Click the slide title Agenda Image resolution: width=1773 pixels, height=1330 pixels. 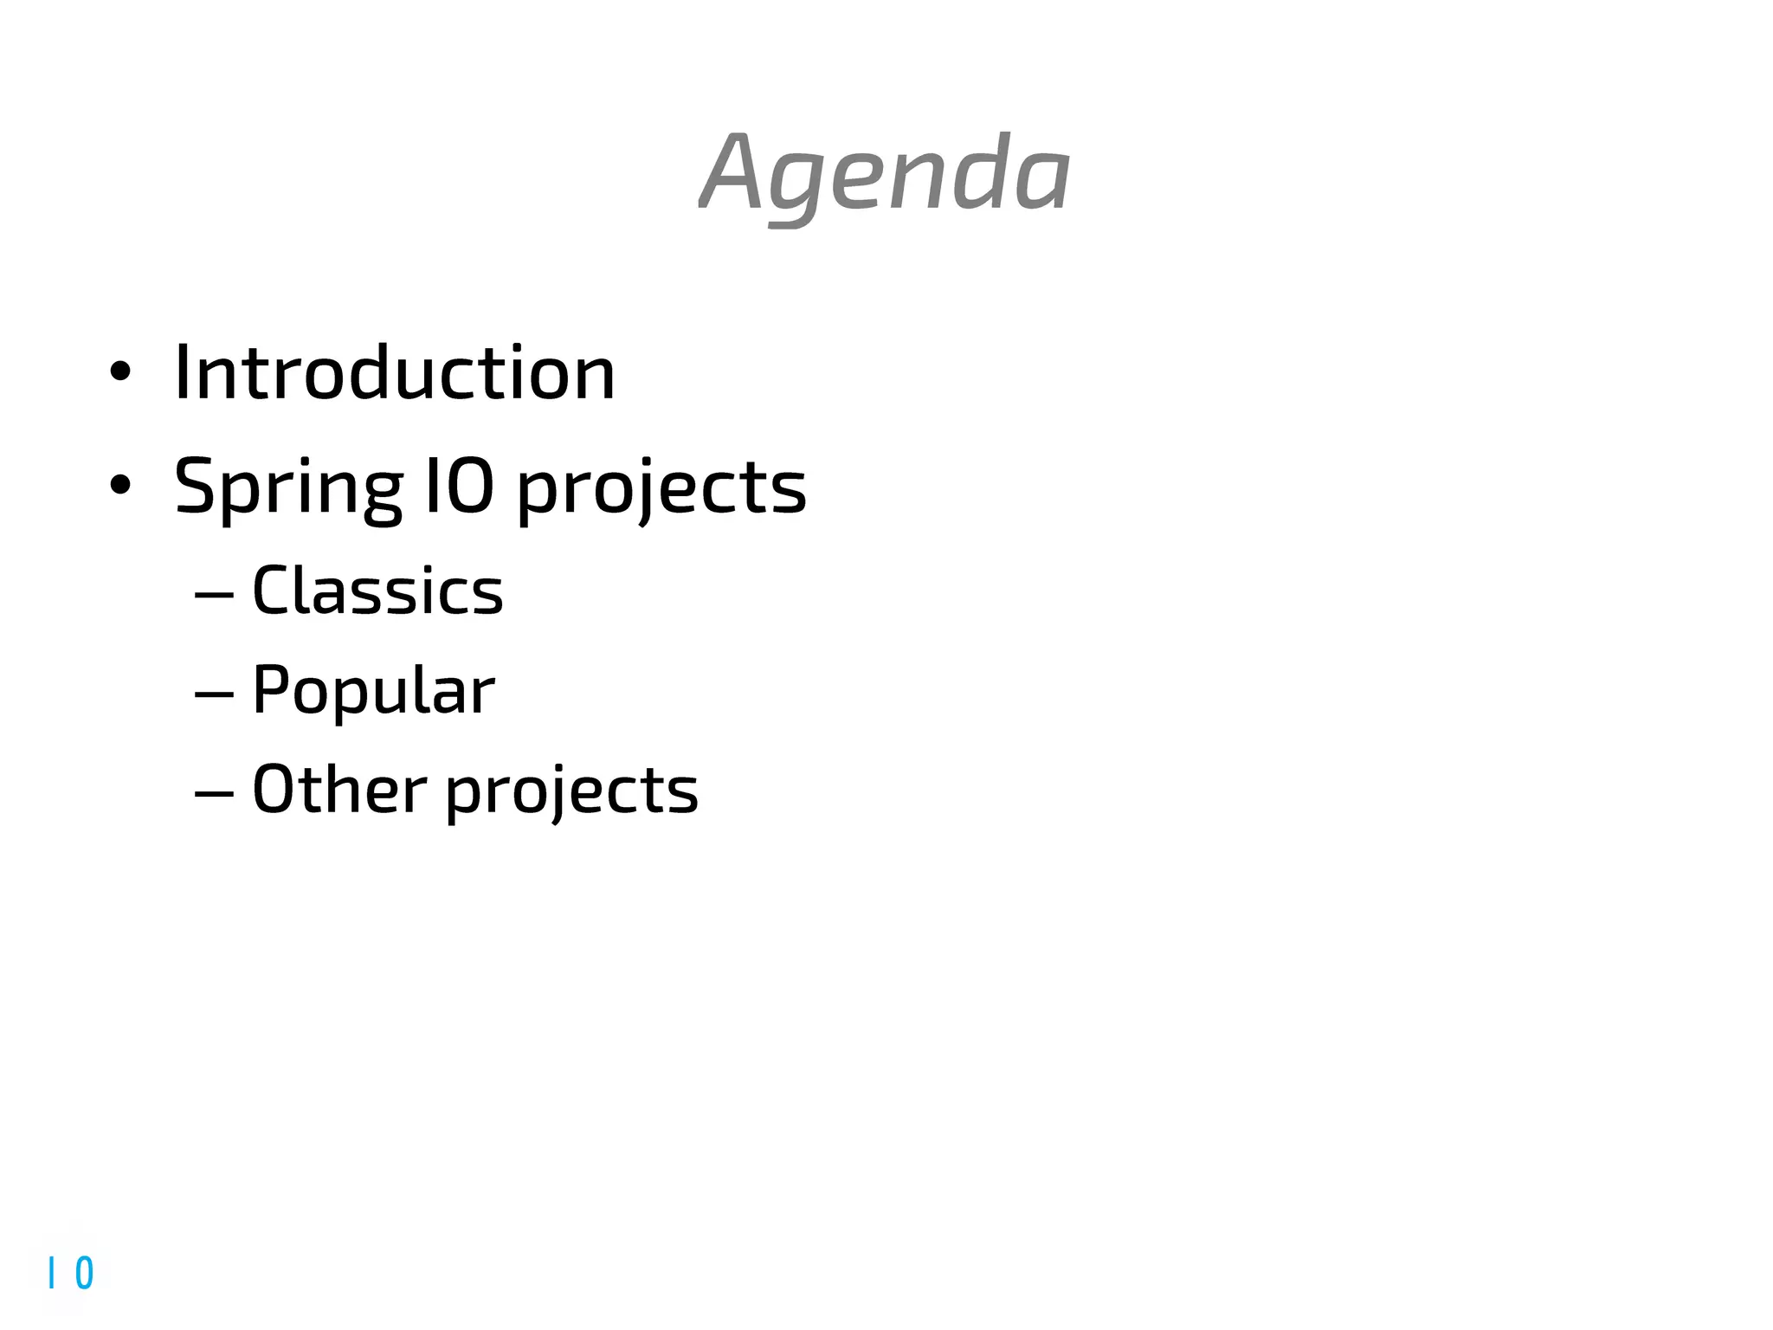(885, 173)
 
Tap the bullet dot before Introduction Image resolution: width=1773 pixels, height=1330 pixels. (120, 372)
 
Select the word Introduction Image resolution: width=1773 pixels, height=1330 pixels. (395, 372)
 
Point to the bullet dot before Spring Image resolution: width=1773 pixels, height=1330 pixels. (120, 485)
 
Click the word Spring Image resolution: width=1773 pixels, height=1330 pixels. (288, 487)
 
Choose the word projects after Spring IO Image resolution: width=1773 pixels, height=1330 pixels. (661, 489)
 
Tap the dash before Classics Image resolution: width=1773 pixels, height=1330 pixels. (214, 595)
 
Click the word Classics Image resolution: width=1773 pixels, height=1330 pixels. (377, 591)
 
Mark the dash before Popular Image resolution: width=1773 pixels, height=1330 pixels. (214, 694)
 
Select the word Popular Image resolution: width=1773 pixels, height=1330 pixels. (373, 691)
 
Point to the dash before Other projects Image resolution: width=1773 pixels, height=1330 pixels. (214, 792)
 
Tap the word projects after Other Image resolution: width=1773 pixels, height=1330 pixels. (571, 792)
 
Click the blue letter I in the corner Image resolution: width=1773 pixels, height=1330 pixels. (52, 1273)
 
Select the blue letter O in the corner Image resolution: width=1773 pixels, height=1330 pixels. (84, 1273)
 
